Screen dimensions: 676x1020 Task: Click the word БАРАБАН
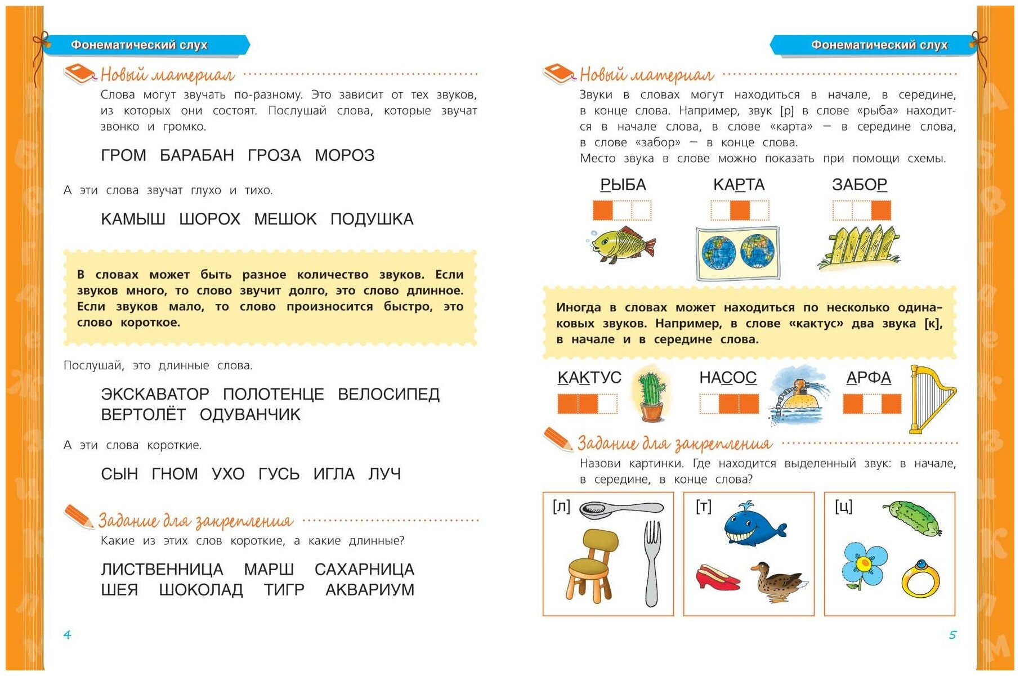point(196,155)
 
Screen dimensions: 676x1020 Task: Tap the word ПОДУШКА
point(372,219)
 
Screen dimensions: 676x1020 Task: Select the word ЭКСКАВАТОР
point(155,394)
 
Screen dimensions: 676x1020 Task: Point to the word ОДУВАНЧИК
point(250,415)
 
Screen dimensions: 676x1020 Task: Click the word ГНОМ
point(175,474)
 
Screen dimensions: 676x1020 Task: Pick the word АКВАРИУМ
point(369,590)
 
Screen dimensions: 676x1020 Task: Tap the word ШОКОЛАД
point(201,590)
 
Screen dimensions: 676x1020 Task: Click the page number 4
point(67,635)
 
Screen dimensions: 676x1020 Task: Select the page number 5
point(952,635)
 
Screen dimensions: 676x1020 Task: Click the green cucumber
point(912,518)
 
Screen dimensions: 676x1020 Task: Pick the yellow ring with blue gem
point(920,579)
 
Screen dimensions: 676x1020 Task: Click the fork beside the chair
point(651,563)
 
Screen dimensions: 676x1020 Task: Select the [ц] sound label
point(843,507)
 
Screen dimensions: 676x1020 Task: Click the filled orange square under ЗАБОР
point(880,211)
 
